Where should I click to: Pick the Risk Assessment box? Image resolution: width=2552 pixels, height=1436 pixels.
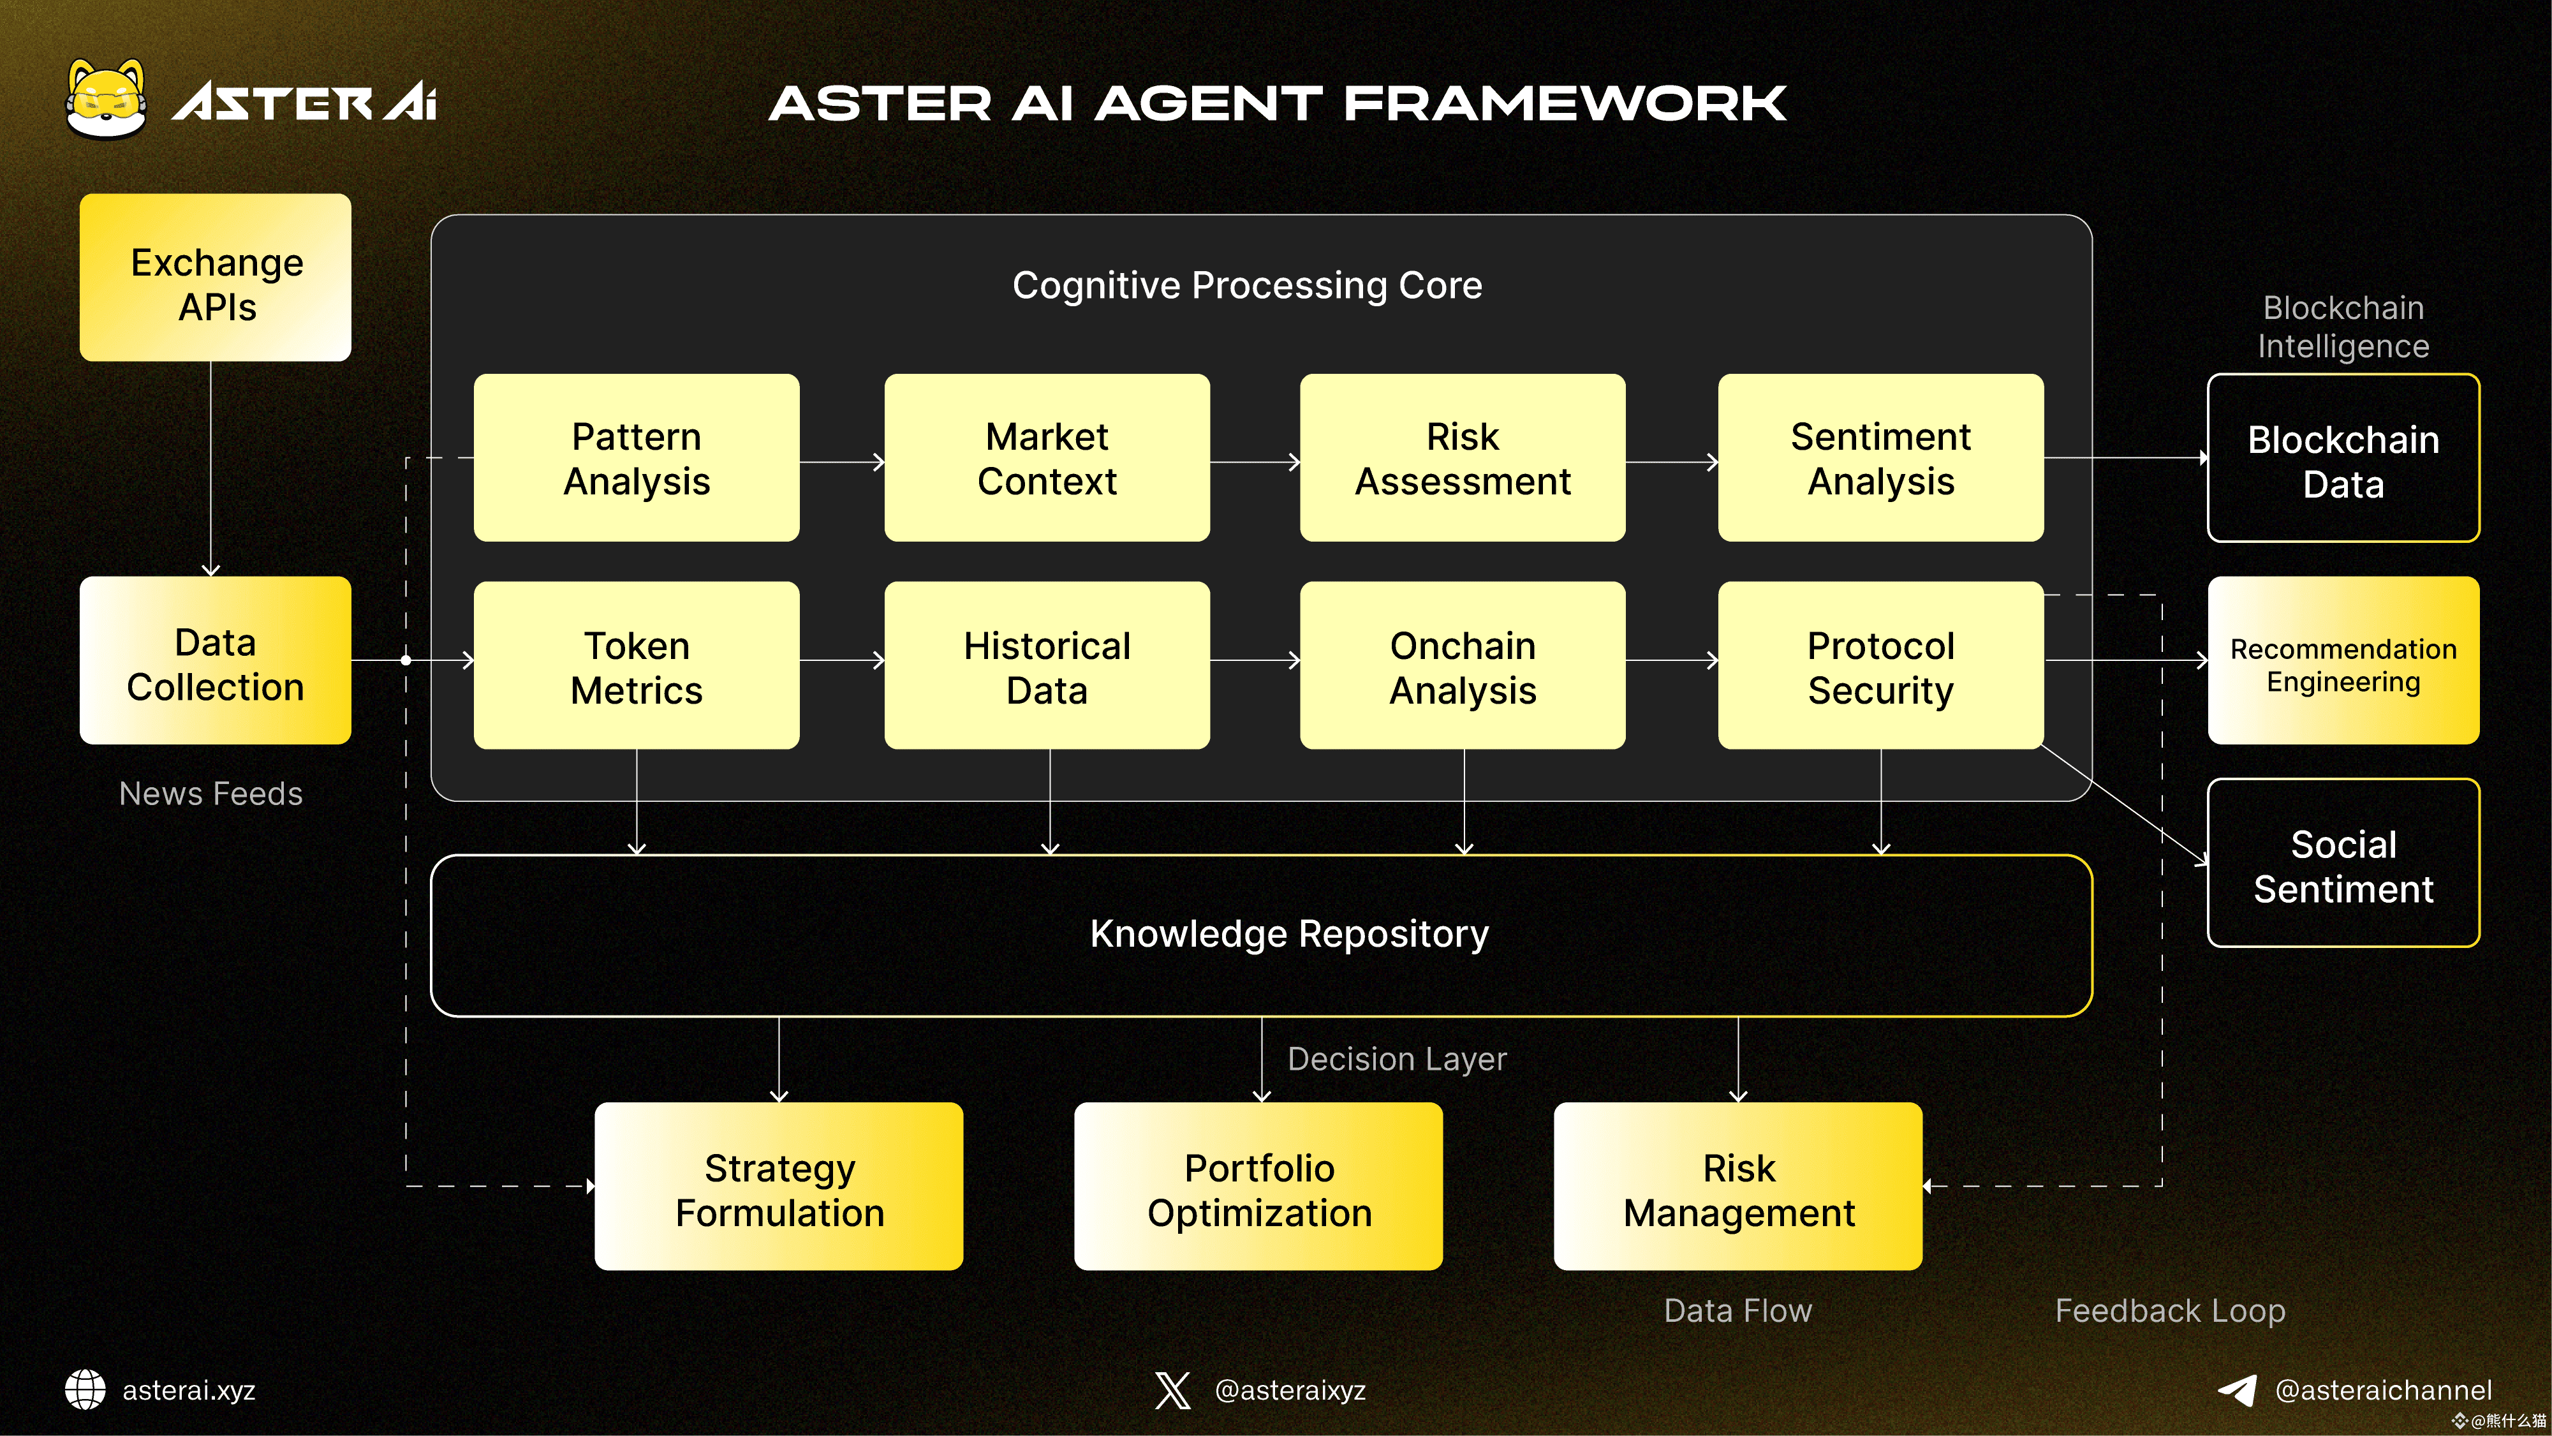(x=1462, y=458)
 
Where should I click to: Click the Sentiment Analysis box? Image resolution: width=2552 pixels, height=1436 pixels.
(x=1880, y=458)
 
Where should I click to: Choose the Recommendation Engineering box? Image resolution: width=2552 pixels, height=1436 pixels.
(x=2343, y=661)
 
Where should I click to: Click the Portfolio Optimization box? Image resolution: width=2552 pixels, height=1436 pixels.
(x=1258, y=1187)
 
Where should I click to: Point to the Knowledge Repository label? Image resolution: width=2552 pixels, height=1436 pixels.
(x=1289, y=933)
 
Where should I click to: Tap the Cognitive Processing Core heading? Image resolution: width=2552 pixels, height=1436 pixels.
(x=1247, y=285)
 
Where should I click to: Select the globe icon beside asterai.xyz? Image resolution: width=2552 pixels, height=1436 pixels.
(x=85, y=1389)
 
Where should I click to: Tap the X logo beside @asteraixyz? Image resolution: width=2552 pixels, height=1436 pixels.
(x=1173, y=1389)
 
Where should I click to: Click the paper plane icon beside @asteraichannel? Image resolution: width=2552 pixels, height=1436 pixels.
(x=2237, y=1389)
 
